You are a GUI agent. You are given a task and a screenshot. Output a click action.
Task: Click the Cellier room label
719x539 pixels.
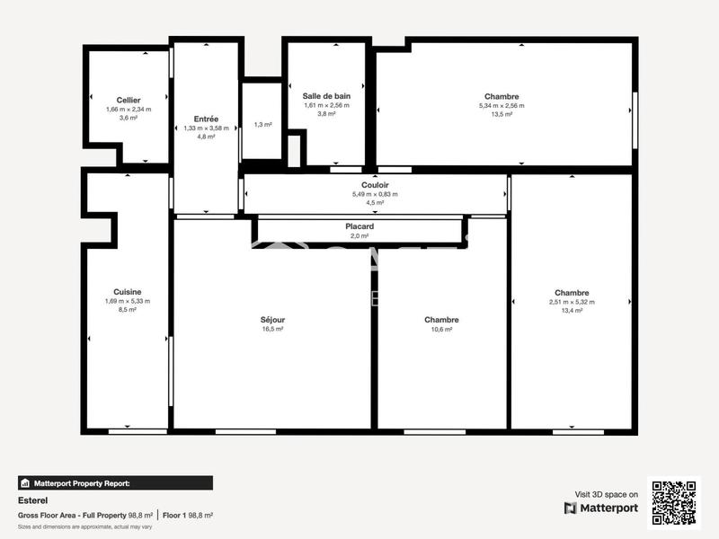129,100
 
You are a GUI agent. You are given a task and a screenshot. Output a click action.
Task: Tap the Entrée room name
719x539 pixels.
206,119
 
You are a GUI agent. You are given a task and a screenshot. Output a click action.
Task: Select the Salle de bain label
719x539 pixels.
326,95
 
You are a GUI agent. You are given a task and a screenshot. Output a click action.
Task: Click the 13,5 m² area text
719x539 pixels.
501,114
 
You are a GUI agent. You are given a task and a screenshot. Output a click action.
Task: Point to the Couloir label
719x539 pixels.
375,184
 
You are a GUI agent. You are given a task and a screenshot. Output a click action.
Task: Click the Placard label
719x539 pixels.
359,226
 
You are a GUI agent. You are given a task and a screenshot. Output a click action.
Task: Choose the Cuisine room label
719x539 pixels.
127,291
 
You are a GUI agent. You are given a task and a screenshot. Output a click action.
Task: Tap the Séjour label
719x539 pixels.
272,319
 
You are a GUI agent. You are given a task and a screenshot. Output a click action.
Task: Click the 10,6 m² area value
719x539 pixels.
441,330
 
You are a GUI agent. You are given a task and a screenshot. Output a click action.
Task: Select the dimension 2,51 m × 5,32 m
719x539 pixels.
572,302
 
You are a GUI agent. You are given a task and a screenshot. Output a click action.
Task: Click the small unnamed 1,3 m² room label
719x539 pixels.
262,125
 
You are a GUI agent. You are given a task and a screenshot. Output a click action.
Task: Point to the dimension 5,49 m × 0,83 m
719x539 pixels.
375,194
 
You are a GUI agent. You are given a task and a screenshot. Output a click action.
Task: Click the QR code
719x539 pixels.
673,502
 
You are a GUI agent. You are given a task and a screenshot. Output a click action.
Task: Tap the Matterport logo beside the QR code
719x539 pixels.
601,508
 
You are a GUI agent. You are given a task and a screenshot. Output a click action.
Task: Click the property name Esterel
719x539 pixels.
32,500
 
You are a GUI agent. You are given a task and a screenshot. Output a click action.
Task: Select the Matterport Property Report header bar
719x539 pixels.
115,482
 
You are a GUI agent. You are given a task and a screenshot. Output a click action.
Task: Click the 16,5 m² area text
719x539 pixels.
272,330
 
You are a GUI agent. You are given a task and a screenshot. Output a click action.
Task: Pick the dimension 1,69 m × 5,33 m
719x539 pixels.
127,301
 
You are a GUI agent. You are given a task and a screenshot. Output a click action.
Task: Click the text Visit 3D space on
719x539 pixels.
607,494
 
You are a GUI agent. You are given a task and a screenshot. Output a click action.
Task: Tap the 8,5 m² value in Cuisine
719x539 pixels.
127,310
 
